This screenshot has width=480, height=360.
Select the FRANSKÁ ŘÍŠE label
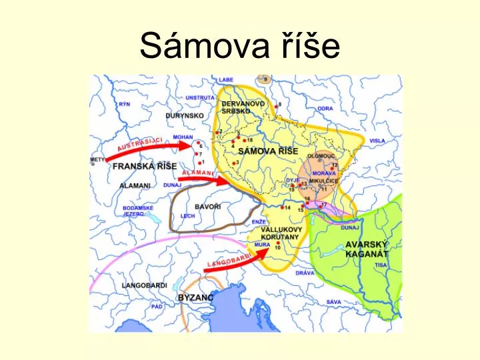pyautogui.click(x=144, y=166)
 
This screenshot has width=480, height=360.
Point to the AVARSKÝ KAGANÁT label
pyautogui.click(x=367, y=249)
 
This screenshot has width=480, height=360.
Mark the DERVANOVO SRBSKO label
pyautogui.click(x=243, y=107)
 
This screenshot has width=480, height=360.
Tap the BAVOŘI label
pyautogui.click(x=207, y=207)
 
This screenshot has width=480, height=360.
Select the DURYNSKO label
pyautogui.click(x=185, y=115)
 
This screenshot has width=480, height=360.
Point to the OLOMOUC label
pyautogui.click(x=321, y=155)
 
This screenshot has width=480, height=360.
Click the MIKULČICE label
pyautogui.click(x=324, y=181)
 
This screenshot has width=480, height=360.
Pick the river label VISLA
pyautogui.click(x=377, y=141)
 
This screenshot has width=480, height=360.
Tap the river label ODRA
pyautogui.click(x=325, y=108)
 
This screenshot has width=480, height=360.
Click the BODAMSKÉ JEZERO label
pyautogui.click(x=138, y=211)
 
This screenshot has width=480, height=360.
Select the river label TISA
pyautogui.click(x=381, y=265)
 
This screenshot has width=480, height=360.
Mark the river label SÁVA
pyautogui.click(x=334, y=301)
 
